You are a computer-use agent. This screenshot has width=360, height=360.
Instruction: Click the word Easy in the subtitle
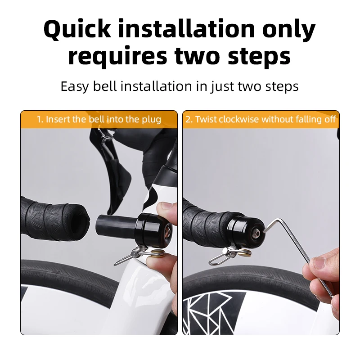tap(74, 86)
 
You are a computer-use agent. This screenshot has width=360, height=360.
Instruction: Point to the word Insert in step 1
tap(58, 120)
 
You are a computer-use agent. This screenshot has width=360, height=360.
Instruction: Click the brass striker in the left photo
tap(158, 254)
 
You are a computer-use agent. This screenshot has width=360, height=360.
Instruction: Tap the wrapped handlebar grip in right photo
tap(207, 220)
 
